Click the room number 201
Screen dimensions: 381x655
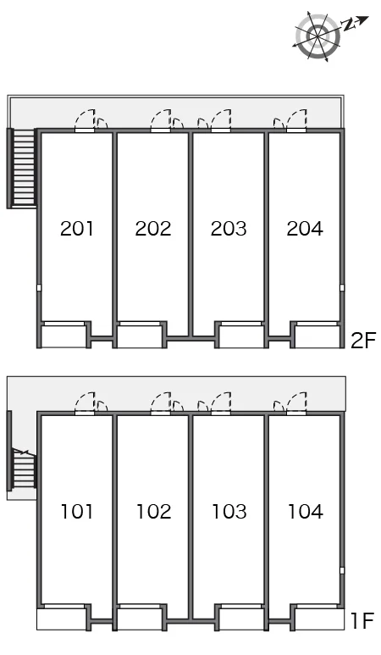77,229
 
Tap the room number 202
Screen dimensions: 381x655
153,229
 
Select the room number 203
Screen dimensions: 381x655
229,229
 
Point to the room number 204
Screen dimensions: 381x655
305,229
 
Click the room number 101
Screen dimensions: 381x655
77,511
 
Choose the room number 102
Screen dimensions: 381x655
153,511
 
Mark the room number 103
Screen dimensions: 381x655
229,511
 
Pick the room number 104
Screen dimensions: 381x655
306,511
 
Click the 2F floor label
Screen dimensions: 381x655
363,341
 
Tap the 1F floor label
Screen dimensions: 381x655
362,621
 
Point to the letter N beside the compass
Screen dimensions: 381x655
349,25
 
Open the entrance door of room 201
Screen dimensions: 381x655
85,120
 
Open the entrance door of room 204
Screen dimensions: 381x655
296,120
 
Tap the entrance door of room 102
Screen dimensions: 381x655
161,403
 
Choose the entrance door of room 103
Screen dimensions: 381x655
221,403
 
